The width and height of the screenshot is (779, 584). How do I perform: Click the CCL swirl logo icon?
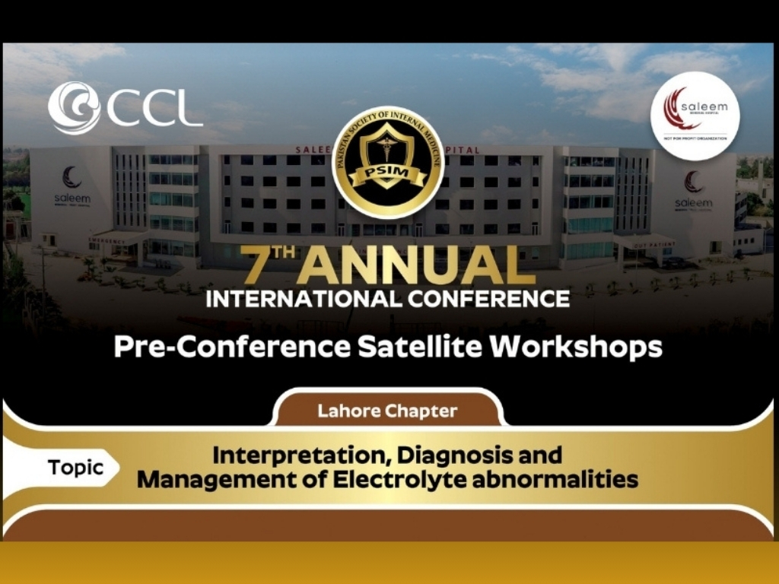(x=74, y=108)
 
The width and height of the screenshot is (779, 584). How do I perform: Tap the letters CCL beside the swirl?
(x=154, y=109)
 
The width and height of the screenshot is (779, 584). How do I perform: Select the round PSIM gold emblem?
(x=389, y=162)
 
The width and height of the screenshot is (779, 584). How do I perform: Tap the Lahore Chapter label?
(x=387, y=411)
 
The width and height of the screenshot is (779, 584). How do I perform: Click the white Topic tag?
(x=75, y=467)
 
